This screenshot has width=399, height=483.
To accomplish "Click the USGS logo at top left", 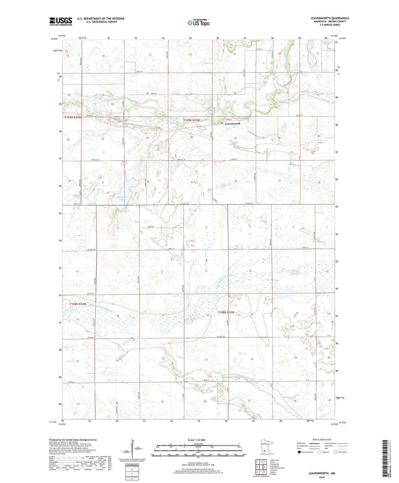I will click(61, 21).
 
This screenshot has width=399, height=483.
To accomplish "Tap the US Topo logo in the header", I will click(198, 23).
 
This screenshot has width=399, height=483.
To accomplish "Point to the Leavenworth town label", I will click(232, 124).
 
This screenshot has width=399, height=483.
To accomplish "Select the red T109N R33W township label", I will click(191, 120).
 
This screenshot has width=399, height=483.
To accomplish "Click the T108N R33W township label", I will click(226, 312).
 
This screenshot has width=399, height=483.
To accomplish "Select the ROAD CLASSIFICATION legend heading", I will click(322, 440).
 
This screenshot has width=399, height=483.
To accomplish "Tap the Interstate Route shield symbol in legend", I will click(299, 452).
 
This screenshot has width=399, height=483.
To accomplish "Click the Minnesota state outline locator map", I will click(265, 446).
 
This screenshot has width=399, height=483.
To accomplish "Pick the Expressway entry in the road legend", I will click(301, 443).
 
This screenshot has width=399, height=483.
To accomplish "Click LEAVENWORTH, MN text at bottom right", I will click(322, 473).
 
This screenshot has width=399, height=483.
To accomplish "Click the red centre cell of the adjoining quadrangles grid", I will click(261, 467).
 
